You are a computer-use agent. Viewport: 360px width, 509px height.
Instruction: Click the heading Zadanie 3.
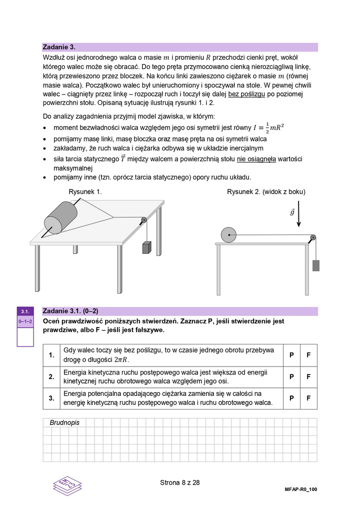click(x=59, y=47)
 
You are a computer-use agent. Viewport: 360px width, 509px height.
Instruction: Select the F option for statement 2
click(x=308, y=376)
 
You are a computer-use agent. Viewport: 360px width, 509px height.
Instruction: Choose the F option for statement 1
click(x=308, y=354)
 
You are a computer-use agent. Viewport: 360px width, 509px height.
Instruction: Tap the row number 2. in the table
click(x=51, y=376)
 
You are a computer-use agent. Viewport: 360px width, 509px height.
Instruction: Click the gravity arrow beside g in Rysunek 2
click(x=298, y=213)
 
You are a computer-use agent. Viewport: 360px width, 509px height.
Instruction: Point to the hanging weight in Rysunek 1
click(x=147, y=248)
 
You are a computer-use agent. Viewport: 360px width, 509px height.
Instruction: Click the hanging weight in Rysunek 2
click(x=315, y=265)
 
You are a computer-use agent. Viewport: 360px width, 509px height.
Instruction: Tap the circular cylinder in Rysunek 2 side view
click(x=228, y=234)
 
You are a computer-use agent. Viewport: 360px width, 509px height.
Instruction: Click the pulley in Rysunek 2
click(x=312, y=237)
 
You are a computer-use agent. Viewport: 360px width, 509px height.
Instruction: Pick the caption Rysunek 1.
click(x=85, y=191)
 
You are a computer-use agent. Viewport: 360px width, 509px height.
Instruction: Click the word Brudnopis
click(x=64, y=422)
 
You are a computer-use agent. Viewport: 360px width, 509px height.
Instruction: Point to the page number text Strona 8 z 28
click(x=180, y=482)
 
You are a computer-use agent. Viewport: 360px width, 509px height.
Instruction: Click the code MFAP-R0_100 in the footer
click(x=297, y=490)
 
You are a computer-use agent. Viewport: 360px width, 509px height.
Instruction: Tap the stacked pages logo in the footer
click(x=67, y=485)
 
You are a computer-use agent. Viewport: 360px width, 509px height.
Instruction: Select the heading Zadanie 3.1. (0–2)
click(x=74, y=310)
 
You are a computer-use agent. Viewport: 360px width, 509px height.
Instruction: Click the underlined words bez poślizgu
click(x=247, y=94)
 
